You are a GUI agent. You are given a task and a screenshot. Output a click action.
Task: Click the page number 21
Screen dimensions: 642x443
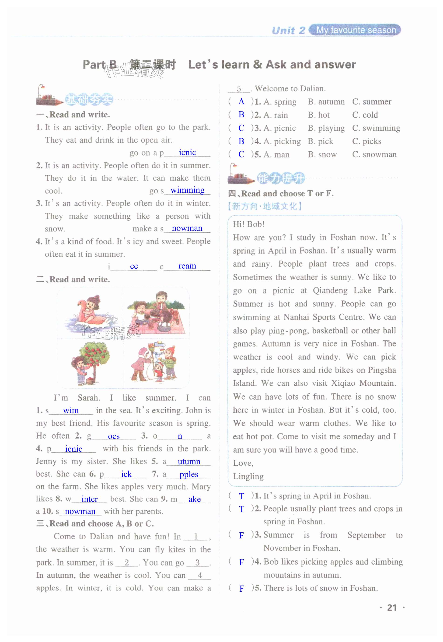coord(391,608)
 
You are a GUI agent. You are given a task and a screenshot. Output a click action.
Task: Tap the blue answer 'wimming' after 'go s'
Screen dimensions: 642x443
coord(187,190)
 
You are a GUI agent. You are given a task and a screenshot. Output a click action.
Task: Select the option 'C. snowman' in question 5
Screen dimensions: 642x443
coord(374,154)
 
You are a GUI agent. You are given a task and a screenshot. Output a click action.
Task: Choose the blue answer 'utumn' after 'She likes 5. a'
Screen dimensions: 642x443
coord(189,462)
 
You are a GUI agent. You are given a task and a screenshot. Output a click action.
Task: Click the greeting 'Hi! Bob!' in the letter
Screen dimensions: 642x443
coord(248,224)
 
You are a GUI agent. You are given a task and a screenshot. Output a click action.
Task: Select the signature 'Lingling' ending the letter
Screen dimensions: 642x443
coord(248,476)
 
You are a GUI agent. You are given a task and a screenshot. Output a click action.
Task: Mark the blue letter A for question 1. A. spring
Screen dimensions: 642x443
coord(241,101)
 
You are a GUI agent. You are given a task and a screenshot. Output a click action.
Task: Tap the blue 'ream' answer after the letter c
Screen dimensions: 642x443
coord(187,266)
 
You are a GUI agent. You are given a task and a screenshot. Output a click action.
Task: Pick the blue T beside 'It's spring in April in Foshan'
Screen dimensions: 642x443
coord(241,496)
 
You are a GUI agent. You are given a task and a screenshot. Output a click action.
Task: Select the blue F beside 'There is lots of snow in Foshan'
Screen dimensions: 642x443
coord(242,588)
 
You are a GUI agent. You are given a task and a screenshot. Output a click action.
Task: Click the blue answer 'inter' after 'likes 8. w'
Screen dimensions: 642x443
coord(89,499)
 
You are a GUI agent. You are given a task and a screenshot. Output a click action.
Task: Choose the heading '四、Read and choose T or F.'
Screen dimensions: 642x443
coord(281,193)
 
